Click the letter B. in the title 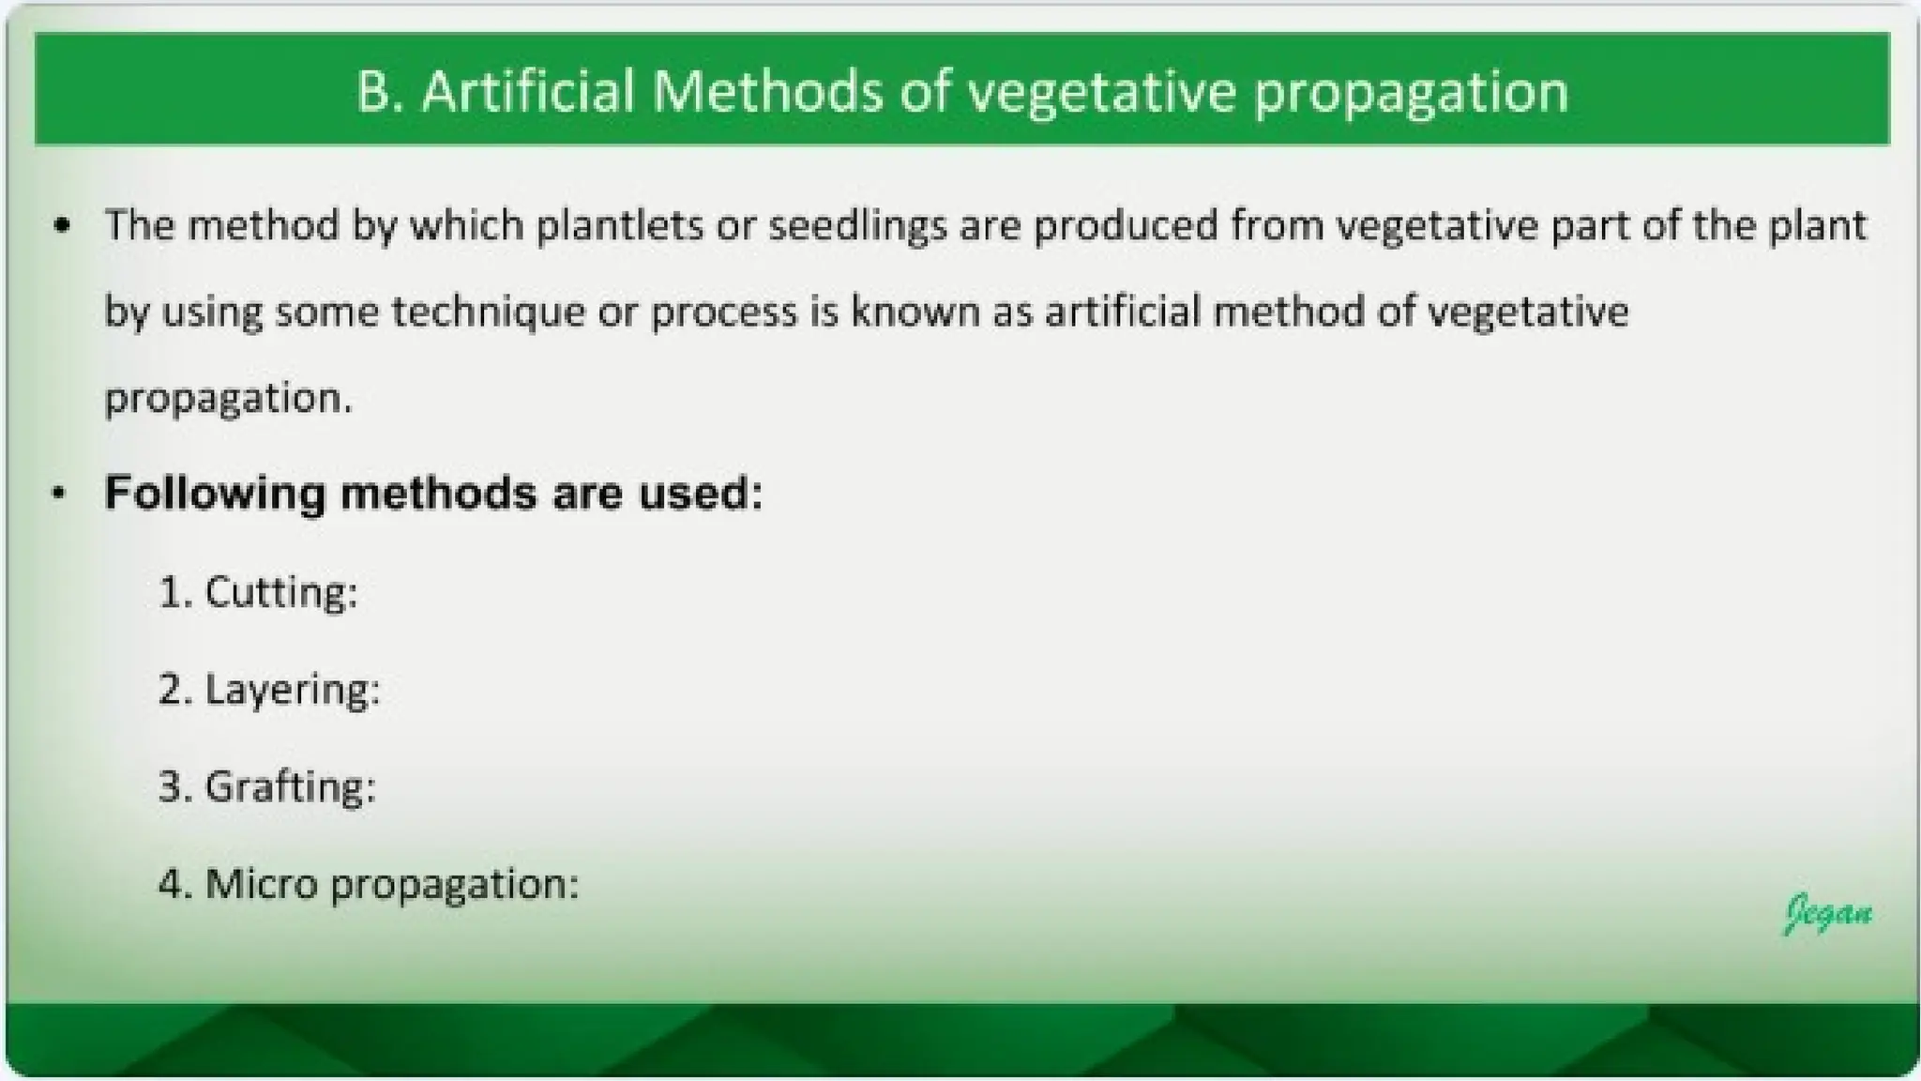pos(379,91)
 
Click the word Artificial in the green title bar pos(528,91)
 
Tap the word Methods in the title pos(767,91)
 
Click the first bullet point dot pos(62,226)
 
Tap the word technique pos(488,312)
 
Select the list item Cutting pos(280,593)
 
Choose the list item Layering pos(292,691)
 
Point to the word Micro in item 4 pos(261,884)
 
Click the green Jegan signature pos(1828,913)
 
